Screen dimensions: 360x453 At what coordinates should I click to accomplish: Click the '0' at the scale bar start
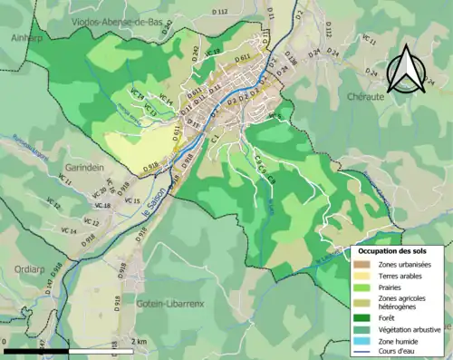click(x=5, y=341)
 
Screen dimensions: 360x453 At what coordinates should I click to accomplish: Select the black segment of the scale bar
click(x=36, y=350)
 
